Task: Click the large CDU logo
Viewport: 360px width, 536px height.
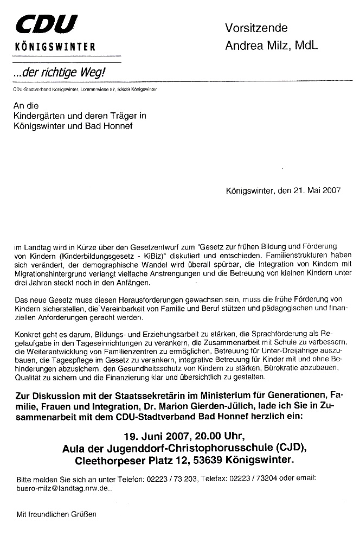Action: point(47,25)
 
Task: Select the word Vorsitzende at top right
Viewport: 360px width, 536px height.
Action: point(256,28)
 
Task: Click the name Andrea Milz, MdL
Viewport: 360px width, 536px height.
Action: point(271,46)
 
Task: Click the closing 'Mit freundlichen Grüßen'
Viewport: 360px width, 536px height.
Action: point(56,513)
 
